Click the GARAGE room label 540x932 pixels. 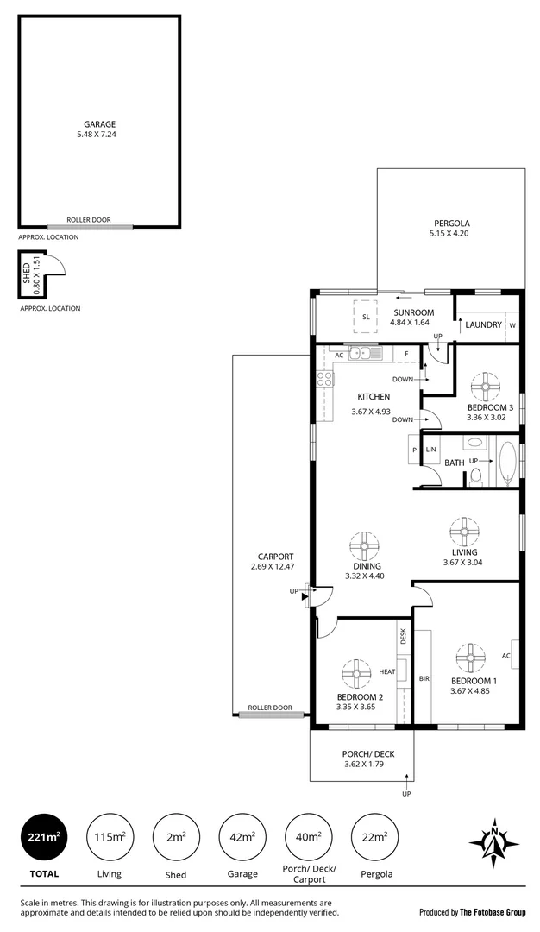[x=99, y=124]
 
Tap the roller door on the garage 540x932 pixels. [x=91, y=227]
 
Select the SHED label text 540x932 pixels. [x=26, y=275]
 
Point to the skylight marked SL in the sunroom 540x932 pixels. [x=366, y=317]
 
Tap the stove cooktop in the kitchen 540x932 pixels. [x=324, y=379]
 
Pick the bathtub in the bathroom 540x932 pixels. [x=506, y=463]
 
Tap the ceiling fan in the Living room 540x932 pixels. [x=465, y=531]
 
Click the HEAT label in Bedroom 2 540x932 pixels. [x=386, y=671]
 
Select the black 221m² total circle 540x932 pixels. [x=41, y=837]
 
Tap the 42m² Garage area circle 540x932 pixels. [x=242, y=837]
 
